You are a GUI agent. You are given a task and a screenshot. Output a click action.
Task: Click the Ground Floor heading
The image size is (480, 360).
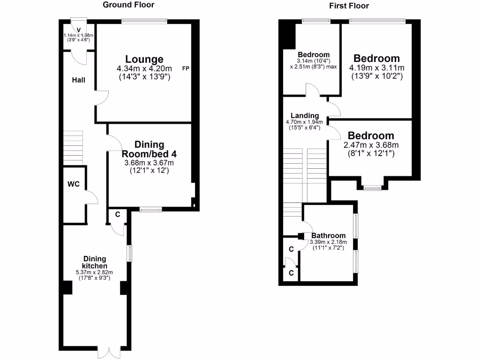128,5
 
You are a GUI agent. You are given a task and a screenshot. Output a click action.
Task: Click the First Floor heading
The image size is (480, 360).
349,6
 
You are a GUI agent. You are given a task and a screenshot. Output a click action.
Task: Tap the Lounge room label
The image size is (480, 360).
144,60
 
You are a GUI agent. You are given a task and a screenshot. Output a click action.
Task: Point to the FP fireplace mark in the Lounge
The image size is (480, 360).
186,69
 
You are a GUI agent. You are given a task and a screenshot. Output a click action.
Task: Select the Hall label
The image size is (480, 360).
79,80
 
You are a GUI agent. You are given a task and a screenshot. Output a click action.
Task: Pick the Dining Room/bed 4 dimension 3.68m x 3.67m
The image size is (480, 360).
149,163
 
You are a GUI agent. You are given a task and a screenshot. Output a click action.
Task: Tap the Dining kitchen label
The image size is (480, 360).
95,262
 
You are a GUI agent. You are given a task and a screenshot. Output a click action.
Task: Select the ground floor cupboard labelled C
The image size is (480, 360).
118,215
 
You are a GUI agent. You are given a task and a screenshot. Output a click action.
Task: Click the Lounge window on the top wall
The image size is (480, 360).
144,21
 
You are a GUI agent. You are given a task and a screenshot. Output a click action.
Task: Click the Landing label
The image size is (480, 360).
305,116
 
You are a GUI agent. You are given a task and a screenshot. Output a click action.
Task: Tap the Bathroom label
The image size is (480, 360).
329,235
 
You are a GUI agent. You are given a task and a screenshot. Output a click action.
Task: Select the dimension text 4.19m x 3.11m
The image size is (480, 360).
377,68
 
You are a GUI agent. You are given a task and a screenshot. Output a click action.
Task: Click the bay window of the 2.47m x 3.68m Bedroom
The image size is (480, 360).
372,188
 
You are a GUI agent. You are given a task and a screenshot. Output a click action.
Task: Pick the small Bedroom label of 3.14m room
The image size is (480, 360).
314,55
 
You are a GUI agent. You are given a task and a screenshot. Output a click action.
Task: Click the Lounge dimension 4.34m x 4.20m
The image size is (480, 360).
144,69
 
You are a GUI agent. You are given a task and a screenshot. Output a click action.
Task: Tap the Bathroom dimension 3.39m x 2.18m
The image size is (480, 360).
328,242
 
